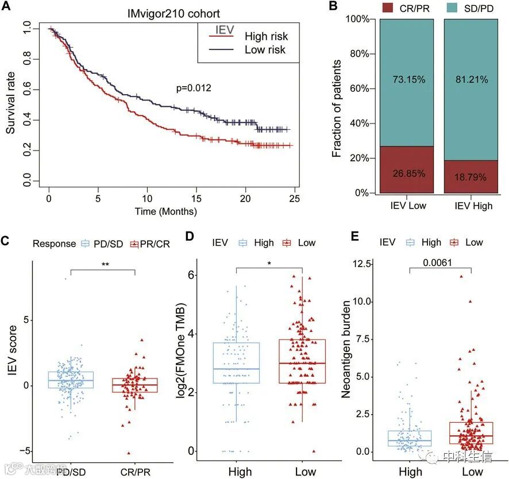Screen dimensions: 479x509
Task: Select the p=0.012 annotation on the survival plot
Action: pos(194,88)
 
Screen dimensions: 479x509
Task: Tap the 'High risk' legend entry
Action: pos(266,37)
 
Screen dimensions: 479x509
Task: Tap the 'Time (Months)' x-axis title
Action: pos(166,211)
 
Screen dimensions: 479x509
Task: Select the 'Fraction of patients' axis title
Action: pos(337,106)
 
